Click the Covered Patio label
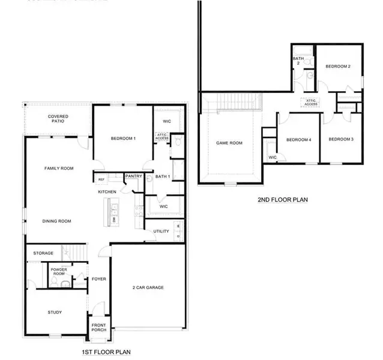point(58,119)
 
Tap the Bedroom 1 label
point(123,139)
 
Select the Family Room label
point(59,169)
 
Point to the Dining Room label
point(57,221)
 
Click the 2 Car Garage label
point(148,287)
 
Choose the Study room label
point(55,312)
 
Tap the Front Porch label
point(98,329)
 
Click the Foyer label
point(98,279)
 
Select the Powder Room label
point(59,272)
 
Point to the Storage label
point(43,253)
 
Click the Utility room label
point(160,231)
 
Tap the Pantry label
point(133,176)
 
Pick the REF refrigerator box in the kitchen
point(101,179)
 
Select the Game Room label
point(229,143)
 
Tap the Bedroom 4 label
point(298,140)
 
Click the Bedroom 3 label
point(340,140)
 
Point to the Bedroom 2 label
point(337,66)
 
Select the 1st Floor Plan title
point(106,352)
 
